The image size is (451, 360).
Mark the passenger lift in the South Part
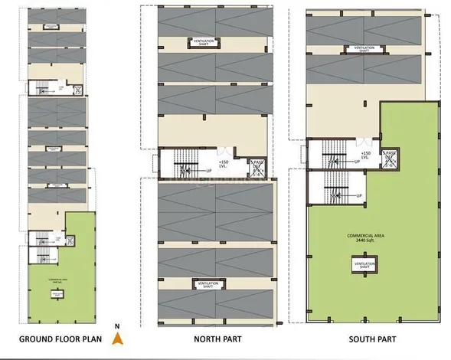pyautogui.click(x=391, y=158)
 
